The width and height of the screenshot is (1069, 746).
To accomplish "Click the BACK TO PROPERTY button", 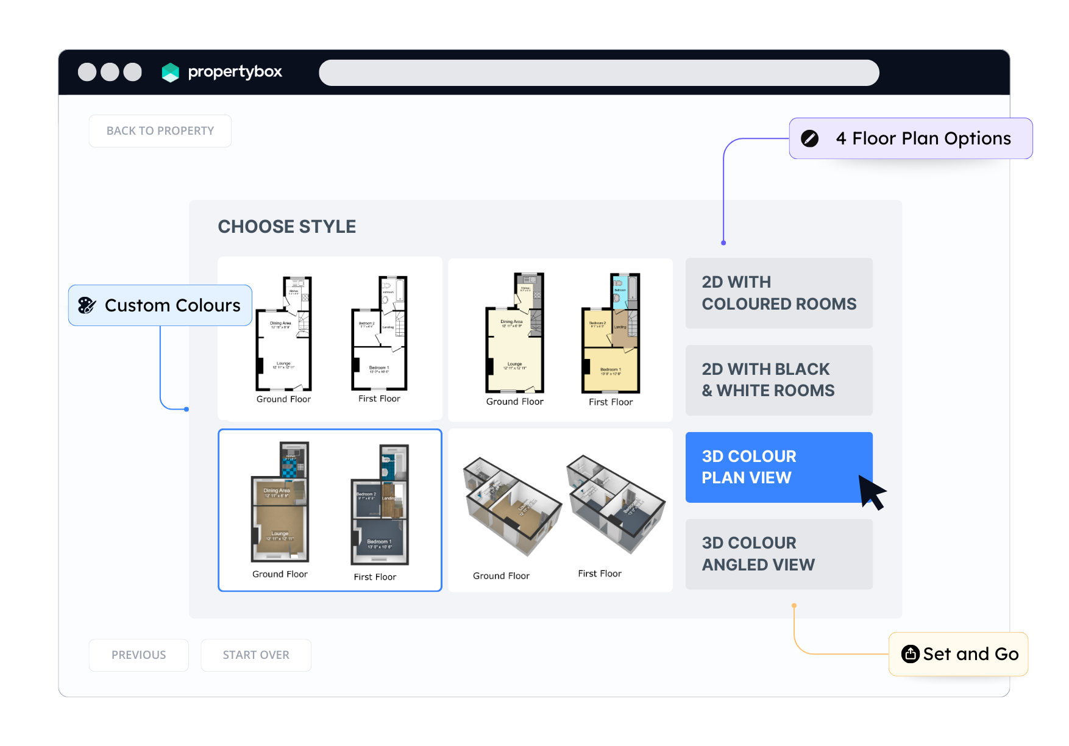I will point(160,131).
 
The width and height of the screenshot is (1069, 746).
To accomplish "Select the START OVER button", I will point(256,655).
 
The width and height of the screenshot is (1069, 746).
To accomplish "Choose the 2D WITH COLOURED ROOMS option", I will point(779,293).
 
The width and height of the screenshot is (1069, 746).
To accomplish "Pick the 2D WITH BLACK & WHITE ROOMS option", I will point(779,380).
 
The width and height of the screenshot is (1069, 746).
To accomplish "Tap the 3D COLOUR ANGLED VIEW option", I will point(779,554).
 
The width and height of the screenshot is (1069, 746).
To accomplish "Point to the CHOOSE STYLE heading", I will point(287,227).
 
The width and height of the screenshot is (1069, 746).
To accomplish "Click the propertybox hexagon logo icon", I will point(171,73).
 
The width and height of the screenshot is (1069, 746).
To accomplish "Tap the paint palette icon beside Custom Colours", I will point(87,305).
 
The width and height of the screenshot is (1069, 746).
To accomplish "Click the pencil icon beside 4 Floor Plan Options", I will point(809,139).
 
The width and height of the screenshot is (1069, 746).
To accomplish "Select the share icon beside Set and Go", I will point(910,654).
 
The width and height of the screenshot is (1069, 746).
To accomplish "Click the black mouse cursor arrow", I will point(872,491).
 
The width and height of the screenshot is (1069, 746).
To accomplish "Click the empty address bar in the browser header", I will point(598,73).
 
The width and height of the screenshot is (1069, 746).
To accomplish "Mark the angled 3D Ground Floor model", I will point(511,506).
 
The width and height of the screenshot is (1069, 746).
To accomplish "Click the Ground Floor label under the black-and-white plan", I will point(283,399).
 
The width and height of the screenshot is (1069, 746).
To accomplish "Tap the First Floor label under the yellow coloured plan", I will point(611,402).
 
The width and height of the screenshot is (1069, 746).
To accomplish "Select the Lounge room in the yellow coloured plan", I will point(515,366).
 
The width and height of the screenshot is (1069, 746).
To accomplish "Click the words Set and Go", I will point(970,654).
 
